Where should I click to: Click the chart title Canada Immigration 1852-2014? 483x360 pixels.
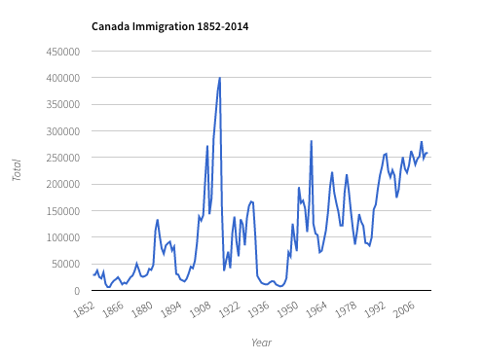coord(169,26)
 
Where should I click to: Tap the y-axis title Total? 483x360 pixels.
coord(17,171)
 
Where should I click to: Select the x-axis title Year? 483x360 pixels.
coord(261,342)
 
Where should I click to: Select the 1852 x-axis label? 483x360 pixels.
coord(86,307)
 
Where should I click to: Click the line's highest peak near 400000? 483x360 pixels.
coord(220,78)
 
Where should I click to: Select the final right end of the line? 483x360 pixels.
coord(428,153)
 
